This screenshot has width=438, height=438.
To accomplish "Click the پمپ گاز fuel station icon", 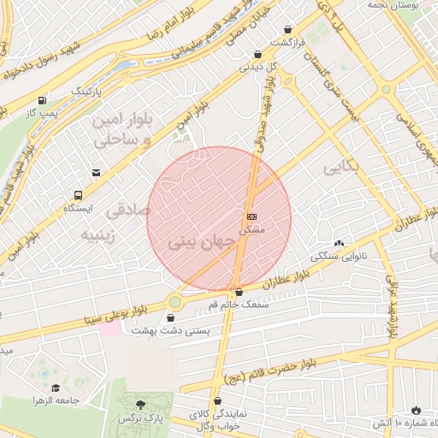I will pos(42,100).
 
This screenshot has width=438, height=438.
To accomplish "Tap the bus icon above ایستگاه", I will pos(79,195).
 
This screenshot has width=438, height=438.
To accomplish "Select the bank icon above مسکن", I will pos(252,217).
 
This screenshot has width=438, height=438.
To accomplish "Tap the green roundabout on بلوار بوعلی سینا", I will pos(176,301).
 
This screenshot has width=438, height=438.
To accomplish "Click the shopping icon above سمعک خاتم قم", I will pos(239,292).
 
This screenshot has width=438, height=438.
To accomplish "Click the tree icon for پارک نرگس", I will pos(141,404).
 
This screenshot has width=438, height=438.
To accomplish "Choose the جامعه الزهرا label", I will pos(56,400).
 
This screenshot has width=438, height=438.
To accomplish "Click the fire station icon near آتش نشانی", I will pos(417,411).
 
